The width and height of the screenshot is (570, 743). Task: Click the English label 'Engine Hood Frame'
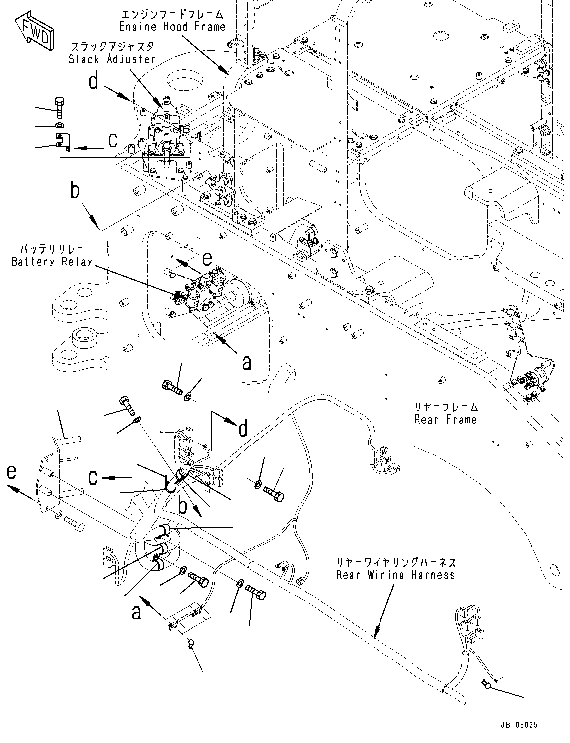(x=172, y=27)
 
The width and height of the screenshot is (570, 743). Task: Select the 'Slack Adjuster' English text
(x=112, y=59)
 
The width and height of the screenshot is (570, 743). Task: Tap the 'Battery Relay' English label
(x=52, y=262)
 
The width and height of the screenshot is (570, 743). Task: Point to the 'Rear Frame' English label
(x=445, y=419)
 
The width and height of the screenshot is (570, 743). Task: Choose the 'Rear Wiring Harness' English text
(x=395, y=575)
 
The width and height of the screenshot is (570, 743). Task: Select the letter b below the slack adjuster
(x=75, y=191)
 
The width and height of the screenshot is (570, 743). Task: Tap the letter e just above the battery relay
(x=206, y=258)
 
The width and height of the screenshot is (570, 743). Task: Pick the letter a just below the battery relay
(x=246, y=363)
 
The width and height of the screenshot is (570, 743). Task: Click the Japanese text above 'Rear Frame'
(x=446, y=406)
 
